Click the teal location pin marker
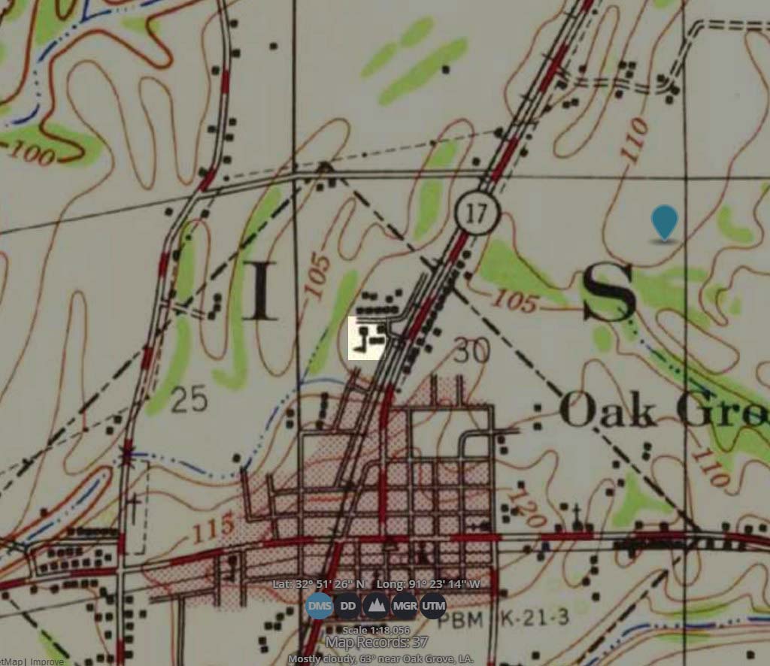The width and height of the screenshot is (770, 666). tap(664, 223)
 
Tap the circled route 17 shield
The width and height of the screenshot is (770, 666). tap(477, 213)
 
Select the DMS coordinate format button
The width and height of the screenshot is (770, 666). tap(320, 605)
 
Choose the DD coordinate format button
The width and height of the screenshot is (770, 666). tap(347, 605)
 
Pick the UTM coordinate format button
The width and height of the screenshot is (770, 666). tap(433, 605)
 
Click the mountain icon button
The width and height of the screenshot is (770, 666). tap(376, 605)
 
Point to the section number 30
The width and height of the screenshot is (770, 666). tap(471, 350)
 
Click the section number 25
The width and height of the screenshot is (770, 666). tap(188, 401)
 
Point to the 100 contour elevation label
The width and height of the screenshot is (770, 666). tap(32, 154)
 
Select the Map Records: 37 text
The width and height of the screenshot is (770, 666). tap(376, 642)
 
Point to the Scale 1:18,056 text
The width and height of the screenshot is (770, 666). tap(376, 630)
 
